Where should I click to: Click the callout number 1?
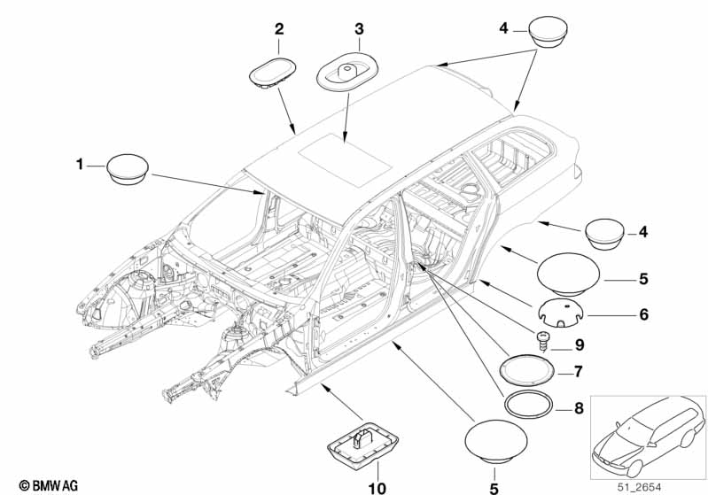[x=80, y=164]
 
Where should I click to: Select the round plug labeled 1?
[x=128, y=169]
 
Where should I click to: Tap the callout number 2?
[x=279, y=29]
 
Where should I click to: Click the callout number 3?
[x=359, y=29]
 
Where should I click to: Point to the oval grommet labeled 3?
[x=346, y=73]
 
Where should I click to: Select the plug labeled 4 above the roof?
[x=549, y=32]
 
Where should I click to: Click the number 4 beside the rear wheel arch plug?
[x=643, y=232]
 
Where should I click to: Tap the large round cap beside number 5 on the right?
[x=569, y=275]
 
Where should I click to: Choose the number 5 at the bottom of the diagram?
[x=494, y=488]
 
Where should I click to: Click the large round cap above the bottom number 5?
[x=496, y=442]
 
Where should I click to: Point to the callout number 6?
[x=644, y=314]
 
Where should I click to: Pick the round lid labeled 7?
[x=527, y=369]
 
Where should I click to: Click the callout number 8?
[x=579, y=408]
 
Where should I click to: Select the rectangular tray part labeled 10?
[x=362, y=443]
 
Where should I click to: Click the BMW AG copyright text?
[x=49, y=485]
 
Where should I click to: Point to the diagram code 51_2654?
[x=640, y=487]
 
